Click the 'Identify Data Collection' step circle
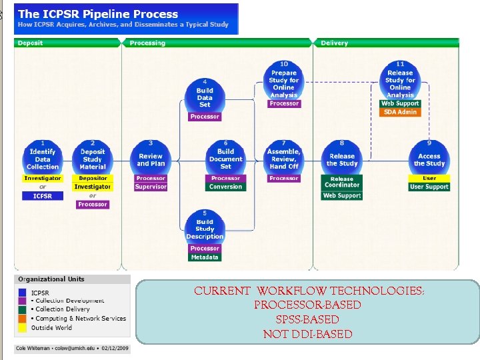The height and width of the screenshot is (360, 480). pyautogui.click(x=43, y=157)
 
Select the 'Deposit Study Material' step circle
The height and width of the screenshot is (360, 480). pyautogui.click(x=93, y=157)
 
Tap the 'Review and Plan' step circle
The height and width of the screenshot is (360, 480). pyautogui.click(x=151, y=157)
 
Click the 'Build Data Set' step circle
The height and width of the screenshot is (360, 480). pyautogui.click(x=205, y=95)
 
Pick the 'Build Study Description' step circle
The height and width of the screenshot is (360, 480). pyautogui.click(x=205, y=227)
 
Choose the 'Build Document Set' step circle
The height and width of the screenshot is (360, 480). pyautogui.click(x=226, y=157)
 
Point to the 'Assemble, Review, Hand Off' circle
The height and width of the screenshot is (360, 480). pyautogui.click(x=284, y=157)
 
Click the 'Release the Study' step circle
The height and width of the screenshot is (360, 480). pyautogui.click(x=342, y=157)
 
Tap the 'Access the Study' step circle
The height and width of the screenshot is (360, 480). pyautogui.click(x=429, y=157)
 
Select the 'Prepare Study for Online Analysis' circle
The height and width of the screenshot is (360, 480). pyautogui.click(x=284, y=83)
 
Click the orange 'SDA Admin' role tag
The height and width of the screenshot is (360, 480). pyautogui.click(x=400, y=112)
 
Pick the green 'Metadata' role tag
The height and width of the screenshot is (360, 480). pyautogui.click(x=205, y=257)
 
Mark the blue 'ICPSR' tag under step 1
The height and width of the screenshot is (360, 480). pyautogui.click(x=43, y=196)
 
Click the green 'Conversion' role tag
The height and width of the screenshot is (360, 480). pyautogui.click(x=226, y=187)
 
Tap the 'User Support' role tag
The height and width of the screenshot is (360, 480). pyautogui.click(x=429, y=187)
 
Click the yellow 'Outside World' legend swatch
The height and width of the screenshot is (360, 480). pyautogui.click(x=23, y=327)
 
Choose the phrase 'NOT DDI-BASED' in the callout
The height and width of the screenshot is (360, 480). pyautogui.click(x=307, y=334)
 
